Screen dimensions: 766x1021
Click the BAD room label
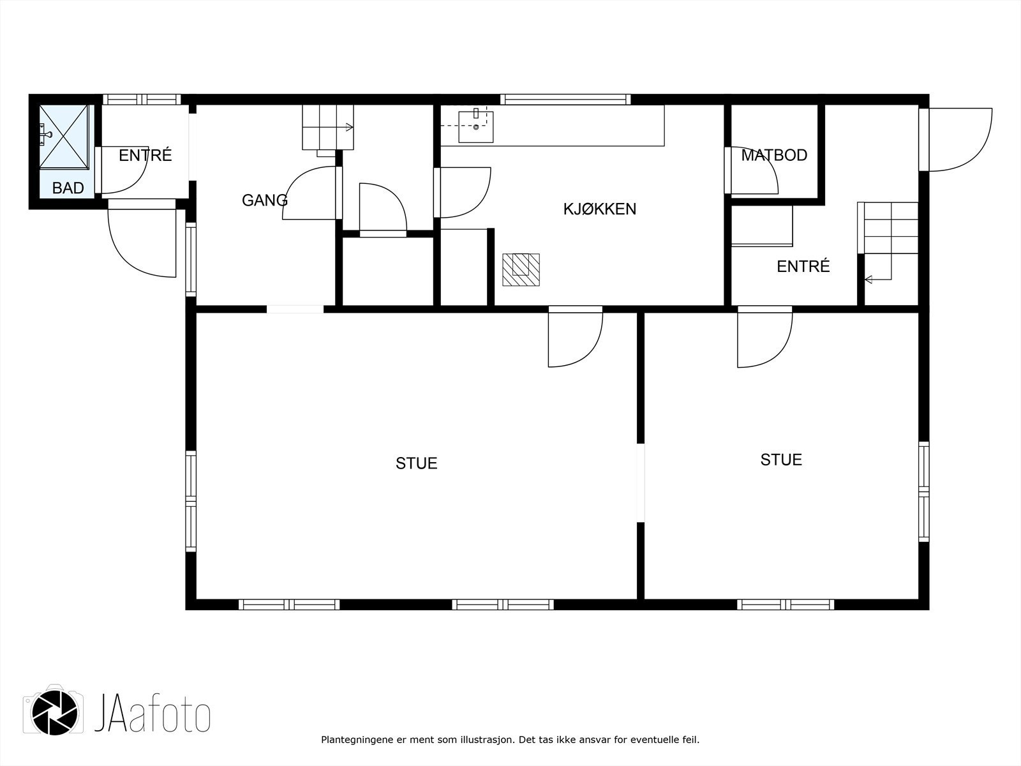(x=68, y=188)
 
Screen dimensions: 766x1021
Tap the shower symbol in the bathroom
(x=64, y=137)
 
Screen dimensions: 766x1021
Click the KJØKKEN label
(x=599, y=209)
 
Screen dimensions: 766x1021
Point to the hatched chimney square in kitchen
(x=521, y=269)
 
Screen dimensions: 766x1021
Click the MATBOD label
(x=774, y=155)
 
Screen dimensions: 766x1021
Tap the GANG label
(x=264, y=200)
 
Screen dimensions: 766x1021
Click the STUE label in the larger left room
(x=416, y=463)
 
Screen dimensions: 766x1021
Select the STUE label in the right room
(x=781, y=460)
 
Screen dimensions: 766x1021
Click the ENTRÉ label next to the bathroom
(x=145, y=155)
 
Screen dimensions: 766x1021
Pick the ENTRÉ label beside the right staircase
(x=803, y=266)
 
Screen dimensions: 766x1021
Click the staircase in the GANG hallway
(x=327, y=128)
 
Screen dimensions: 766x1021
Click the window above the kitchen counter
(x=565, y=99)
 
